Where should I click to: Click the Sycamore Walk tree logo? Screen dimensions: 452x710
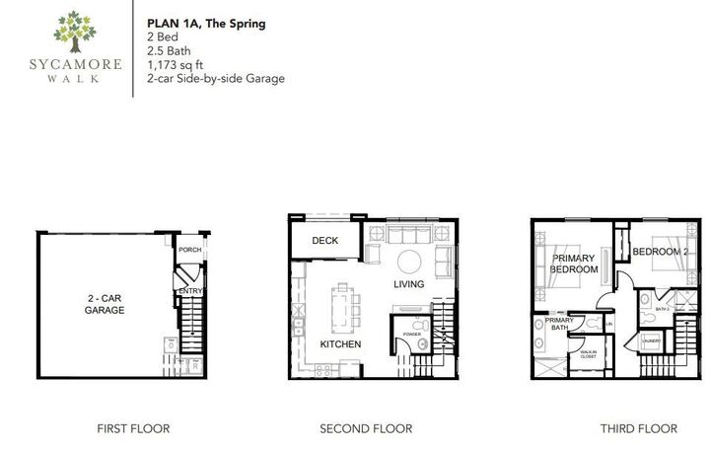75,32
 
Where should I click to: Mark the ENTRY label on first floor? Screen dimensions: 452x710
189,291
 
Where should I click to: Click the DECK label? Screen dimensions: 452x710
325,241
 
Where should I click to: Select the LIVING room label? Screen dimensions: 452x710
408,285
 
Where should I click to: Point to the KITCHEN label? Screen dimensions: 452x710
339,344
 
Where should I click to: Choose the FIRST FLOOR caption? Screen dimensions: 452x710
133,428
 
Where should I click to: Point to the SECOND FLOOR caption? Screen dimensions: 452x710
366,428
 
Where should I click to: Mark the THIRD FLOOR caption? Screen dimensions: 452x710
640,428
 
